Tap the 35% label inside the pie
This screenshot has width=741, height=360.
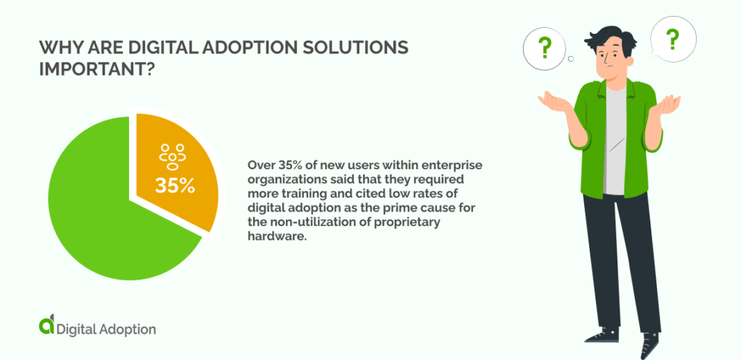pos(175,186)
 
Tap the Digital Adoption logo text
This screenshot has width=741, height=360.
pos(106,329)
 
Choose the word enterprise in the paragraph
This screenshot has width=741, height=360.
pos(457,166)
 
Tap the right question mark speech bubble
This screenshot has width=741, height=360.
pos(672,40)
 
